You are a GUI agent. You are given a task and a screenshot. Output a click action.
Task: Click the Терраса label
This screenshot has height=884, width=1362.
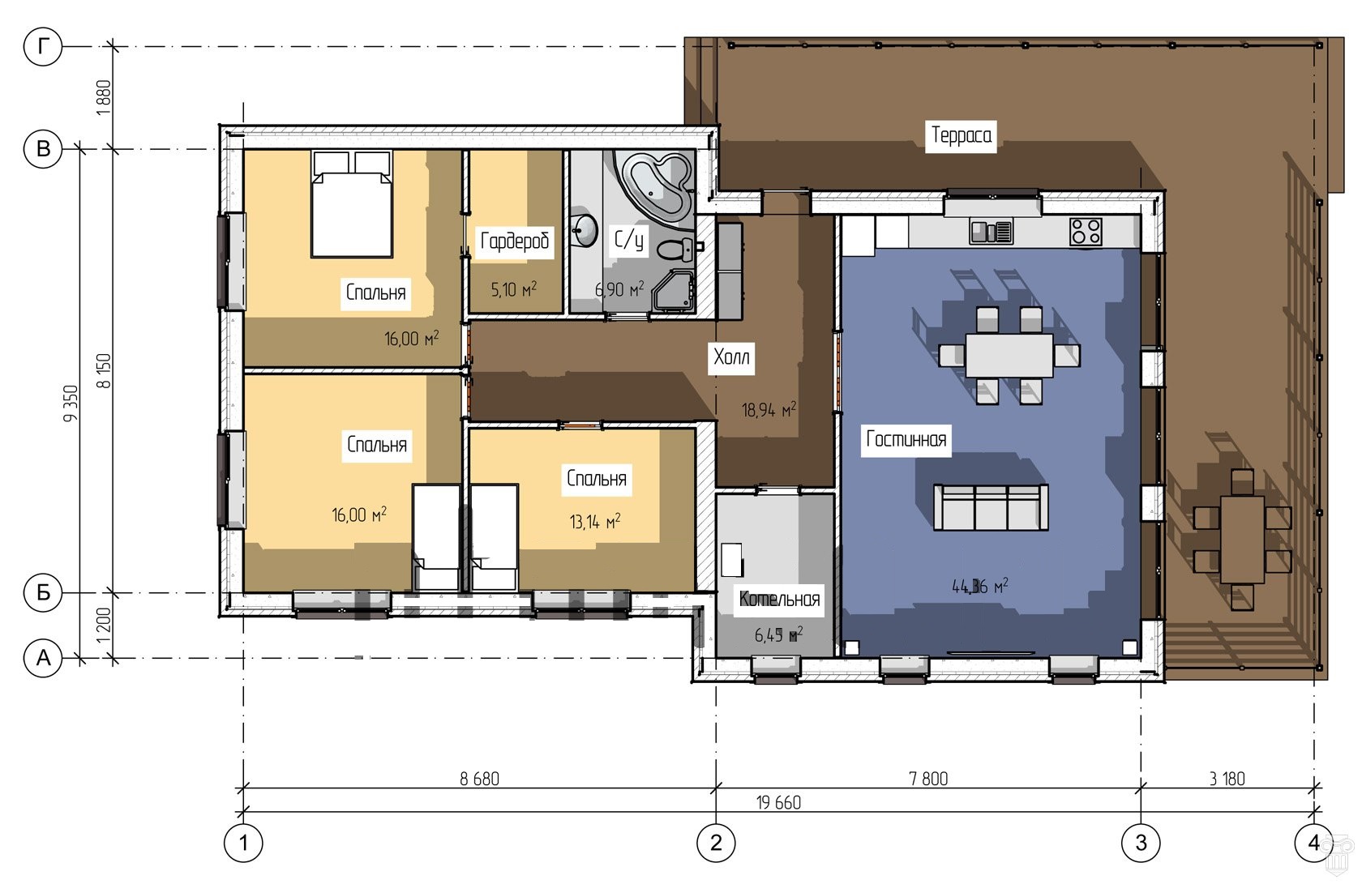961,135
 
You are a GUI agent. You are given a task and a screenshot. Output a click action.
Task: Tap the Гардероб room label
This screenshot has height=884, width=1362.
514,241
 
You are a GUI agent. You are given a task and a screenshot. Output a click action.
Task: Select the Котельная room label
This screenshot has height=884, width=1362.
779,599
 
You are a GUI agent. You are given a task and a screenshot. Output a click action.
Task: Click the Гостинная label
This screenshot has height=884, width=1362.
906,438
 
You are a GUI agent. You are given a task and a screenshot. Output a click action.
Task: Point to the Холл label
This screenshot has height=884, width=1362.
731,357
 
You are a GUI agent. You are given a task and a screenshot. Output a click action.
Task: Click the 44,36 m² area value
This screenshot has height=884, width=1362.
979,586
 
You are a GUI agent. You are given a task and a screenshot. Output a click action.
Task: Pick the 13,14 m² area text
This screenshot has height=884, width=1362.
595,521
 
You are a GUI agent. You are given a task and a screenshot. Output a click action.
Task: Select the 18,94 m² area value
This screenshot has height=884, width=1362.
769,409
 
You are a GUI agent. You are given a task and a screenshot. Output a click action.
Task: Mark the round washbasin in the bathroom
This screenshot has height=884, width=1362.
585,229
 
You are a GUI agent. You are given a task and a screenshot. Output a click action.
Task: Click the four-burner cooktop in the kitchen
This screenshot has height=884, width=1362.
1086,232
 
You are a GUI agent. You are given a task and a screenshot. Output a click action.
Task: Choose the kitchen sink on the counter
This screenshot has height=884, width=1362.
991,232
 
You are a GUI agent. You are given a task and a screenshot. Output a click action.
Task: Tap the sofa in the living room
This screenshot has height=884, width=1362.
991,506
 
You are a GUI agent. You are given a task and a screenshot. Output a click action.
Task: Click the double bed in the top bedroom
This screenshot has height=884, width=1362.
352,203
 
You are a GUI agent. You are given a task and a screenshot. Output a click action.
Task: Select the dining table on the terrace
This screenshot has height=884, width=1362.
1243,539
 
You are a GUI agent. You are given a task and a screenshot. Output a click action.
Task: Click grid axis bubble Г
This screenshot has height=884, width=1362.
43,46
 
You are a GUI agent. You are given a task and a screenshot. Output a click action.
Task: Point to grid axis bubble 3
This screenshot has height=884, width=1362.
1141,843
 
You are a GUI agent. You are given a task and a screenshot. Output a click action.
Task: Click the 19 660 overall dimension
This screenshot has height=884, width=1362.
778,803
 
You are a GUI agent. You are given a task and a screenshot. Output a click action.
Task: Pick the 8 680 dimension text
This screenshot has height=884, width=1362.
479,779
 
